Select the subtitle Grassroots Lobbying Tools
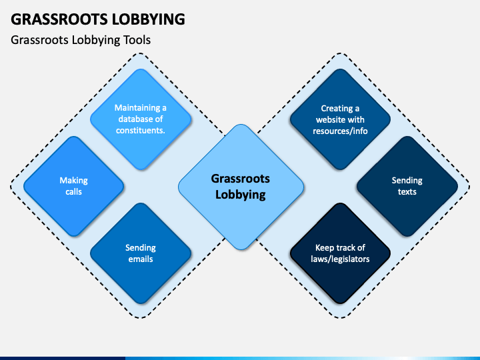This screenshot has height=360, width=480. coord(81,40)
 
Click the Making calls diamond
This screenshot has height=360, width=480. coord(73,186)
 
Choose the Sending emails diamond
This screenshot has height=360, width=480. coord(141,253)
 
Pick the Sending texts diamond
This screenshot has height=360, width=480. coord(407,186)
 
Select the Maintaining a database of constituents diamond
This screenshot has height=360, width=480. coord(141,119)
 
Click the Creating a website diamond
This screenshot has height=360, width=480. coord(340,119)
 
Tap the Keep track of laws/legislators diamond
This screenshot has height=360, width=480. coord(340,253)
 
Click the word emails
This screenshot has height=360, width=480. coord(141,259)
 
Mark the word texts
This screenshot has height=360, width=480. coord(407,192)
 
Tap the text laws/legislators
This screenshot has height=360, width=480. coord(340,259)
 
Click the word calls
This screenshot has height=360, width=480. coord(73,192)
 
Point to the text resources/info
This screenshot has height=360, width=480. coord(340,131)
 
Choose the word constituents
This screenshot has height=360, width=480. coord(141,130)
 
